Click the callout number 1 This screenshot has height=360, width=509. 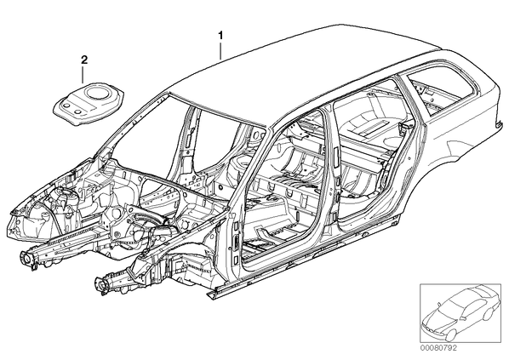pos(220,35)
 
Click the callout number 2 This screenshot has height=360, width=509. pos(84,60)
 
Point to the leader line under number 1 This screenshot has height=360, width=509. pos(220,49)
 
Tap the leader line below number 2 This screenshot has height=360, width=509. pos(83,73)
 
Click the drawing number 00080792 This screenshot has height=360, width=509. pos(438,348)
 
